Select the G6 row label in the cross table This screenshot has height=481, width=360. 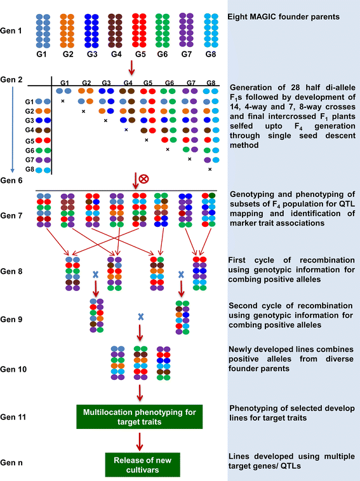pyautogui.click(x=29, y=151)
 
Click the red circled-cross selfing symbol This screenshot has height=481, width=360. pyautogui.click(x=144, y=180)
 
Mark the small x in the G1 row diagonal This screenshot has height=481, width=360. pyautogui.click(x=62, y=101)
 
